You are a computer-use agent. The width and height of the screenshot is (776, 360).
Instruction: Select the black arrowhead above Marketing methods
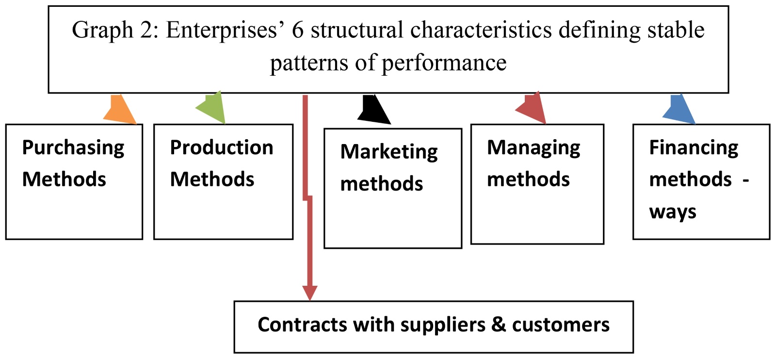pos(373,109)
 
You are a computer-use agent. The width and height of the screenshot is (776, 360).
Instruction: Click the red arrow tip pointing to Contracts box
pos(309,293)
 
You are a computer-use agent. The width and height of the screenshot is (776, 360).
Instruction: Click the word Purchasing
pos(73,147)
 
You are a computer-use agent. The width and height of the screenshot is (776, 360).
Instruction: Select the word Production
pos(222,147)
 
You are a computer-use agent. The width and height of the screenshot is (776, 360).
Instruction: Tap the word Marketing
pos(389,152)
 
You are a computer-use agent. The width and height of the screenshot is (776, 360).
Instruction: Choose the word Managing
pos(533,147)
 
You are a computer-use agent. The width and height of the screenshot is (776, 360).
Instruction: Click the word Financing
pos(694,147)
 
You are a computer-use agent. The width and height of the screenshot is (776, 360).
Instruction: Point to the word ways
pos(673,212)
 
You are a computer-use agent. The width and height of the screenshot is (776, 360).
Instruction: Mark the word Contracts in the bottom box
pos(302,325)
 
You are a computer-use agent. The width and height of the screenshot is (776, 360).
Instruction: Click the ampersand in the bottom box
pos(498,325)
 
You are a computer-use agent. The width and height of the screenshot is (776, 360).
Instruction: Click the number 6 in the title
pos(297,30)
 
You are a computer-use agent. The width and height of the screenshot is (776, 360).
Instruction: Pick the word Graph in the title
pos(102,30)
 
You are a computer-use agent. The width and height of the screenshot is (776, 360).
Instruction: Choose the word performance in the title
pos(444,63)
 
